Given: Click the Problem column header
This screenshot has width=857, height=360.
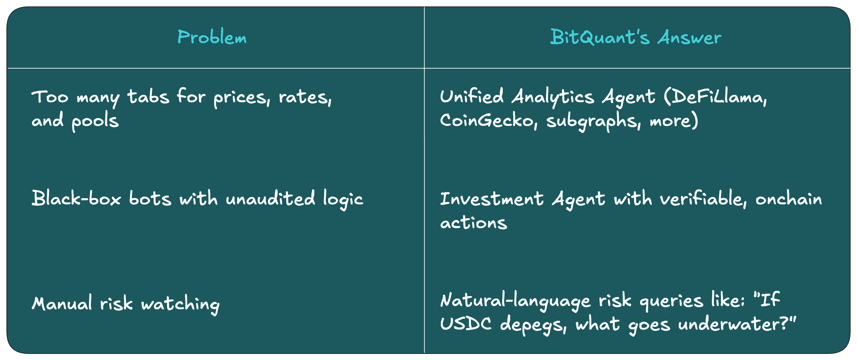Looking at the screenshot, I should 212,37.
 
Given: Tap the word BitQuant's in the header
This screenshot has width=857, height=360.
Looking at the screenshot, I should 600,37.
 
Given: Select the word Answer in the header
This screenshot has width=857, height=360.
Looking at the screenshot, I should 690,37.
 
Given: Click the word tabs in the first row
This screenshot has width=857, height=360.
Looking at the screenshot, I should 148,97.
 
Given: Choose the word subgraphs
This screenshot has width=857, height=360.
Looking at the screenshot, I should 593,121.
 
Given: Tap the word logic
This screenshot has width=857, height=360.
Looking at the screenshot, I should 343,199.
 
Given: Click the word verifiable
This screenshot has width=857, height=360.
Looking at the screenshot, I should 703,199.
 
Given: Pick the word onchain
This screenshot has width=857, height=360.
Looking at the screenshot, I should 789,199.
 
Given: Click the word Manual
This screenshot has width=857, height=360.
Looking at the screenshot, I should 62,303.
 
